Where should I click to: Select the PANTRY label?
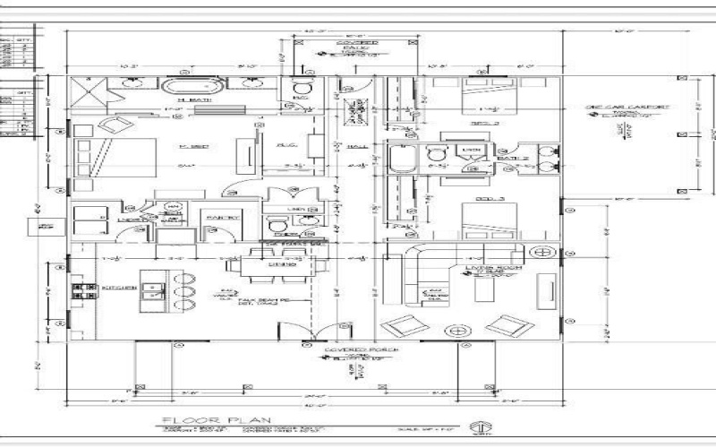(x=224, y=218)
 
